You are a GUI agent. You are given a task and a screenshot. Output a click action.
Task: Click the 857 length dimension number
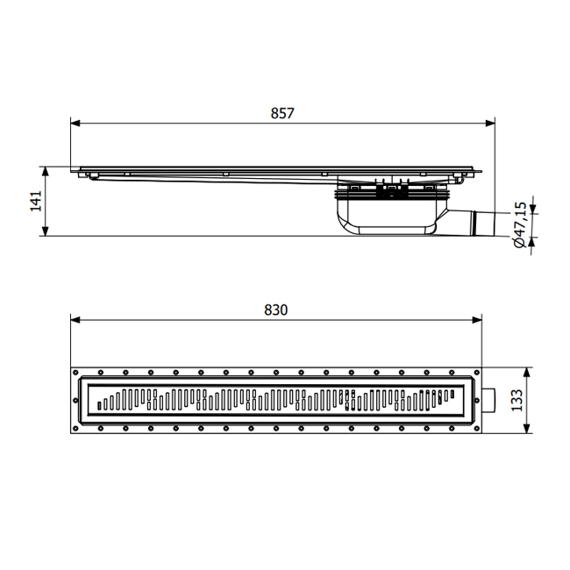pos(281,113)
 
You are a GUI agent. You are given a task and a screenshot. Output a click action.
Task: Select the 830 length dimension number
pos(275,310)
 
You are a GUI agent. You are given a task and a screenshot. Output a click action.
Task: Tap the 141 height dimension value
pos(36,201)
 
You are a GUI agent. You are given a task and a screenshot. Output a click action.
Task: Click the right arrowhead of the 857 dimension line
pos(492,123)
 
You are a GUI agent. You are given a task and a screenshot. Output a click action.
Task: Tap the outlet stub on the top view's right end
pos(488,401)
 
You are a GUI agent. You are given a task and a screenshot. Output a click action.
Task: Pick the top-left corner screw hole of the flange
pos(77,372)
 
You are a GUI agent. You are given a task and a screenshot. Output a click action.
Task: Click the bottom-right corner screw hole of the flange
pos(475,430)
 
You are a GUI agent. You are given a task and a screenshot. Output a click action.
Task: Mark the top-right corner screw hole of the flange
pos(475,372)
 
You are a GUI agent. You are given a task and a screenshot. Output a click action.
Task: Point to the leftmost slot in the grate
pos(100,406)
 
